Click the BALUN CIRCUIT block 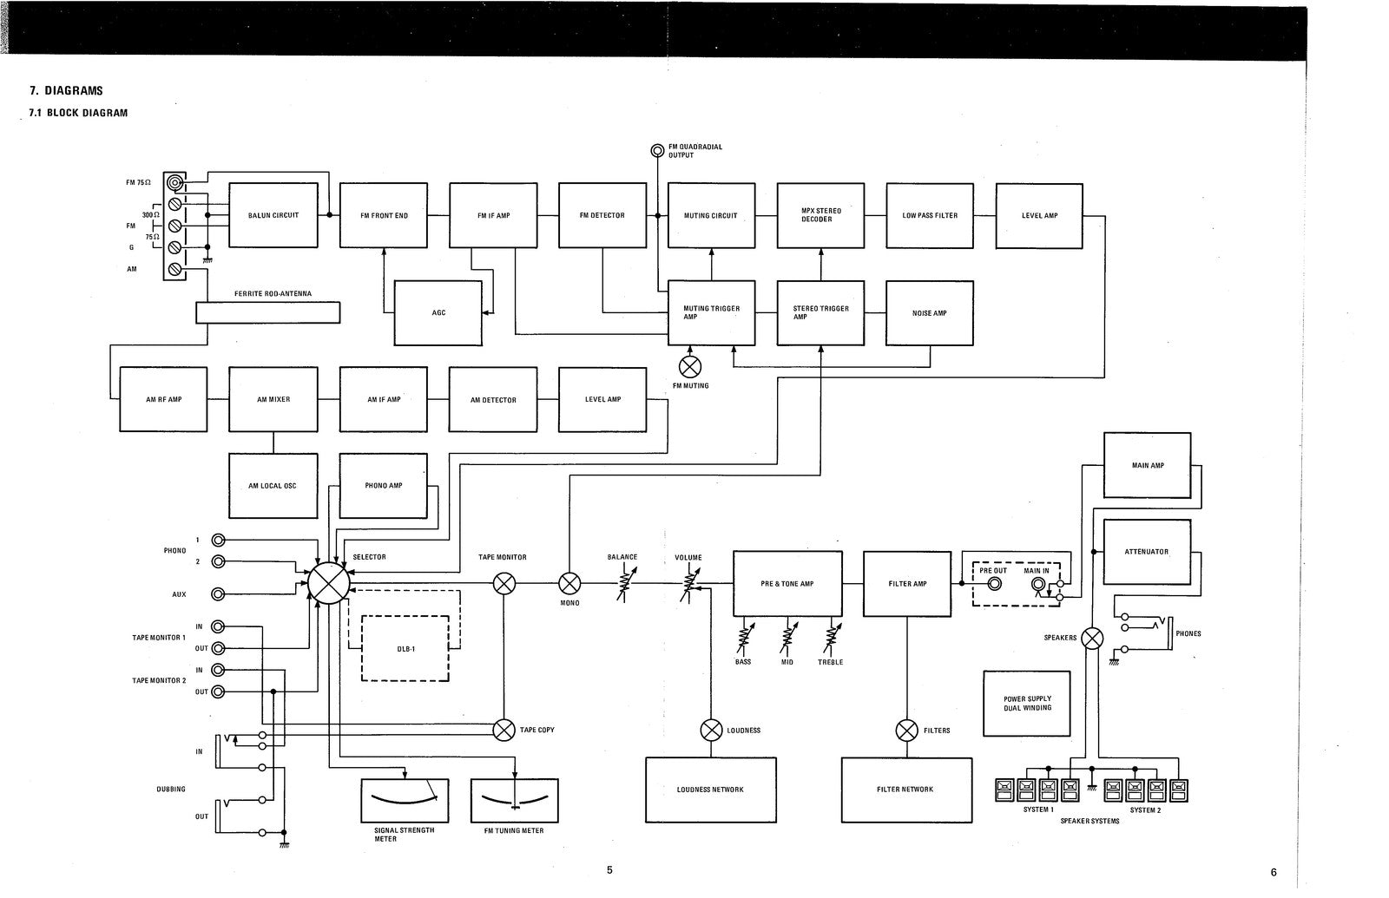click(x=273, y=215)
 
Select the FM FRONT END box click(x=383, y=215)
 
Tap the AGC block click(x=438, y=312)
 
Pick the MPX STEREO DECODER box click(x=820, y=215)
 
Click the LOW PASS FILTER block click(x=930, y=215)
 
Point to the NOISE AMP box click(x=930, y=312)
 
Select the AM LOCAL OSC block click(x=273, y=485)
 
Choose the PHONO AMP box click(x=383, y=485)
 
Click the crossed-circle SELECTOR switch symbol click(x=328, y=582)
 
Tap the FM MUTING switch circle click(x=690, y=366)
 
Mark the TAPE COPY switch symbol click(x=504, y=730)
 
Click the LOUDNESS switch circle click(x=711, y=730)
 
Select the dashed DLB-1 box click(x=405, y=648)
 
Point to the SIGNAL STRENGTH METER click(x=405, y=800)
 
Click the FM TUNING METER click(x=514, y=800)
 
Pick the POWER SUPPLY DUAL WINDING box click(x=1027, y=703)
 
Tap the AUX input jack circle click(x=219, y=594)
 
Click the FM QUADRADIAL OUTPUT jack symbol click(x=657, y=151)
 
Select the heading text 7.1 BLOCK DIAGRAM click(x=78, y=113)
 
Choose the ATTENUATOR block click(x=1147, y=552)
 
